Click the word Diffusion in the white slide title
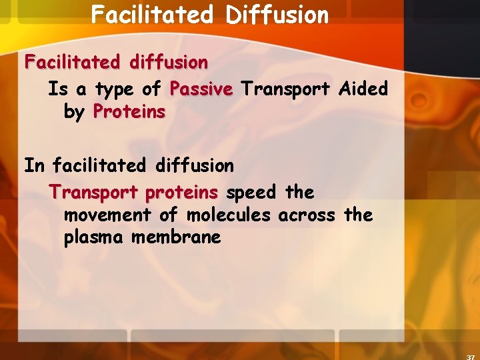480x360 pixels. coord(277,15)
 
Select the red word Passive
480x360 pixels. coord(201,89)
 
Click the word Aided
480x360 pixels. coord(363,89)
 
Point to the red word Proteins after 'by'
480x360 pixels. coord(129,111)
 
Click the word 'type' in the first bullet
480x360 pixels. coord(114,89)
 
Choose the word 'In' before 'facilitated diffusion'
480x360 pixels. coord(34,165)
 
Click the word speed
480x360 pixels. coord(251,193)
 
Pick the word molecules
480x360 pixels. coord(229,215)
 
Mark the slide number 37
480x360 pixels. coord(471,356)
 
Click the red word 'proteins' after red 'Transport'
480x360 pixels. coord(181,193)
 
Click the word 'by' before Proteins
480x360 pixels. coord(74,112)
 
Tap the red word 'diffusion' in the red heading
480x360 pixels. coord(169,63)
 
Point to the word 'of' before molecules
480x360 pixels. coord(169,215)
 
